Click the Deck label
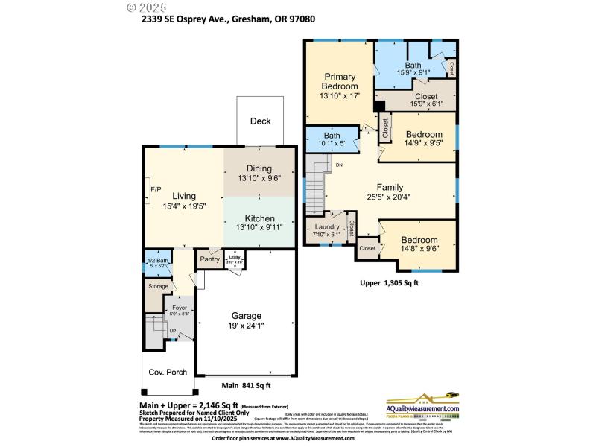click(x=260, y=121)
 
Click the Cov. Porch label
click(x=168, y=372)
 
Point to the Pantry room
click(x=209, y=259)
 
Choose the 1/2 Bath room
click(x=156, y=262)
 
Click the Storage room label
click(x=158, y=286)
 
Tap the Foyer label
click(x=180, y=308)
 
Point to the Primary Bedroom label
click(x=340, y=81)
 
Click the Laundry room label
click(x=327, y=227)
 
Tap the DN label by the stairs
click(x=340, y=165)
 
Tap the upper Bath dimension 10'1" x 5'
click(x=332, y=144)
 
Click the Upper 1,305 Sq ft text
click(x=390, y=283)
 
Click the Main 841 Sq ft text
click(x=246, y=386)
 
